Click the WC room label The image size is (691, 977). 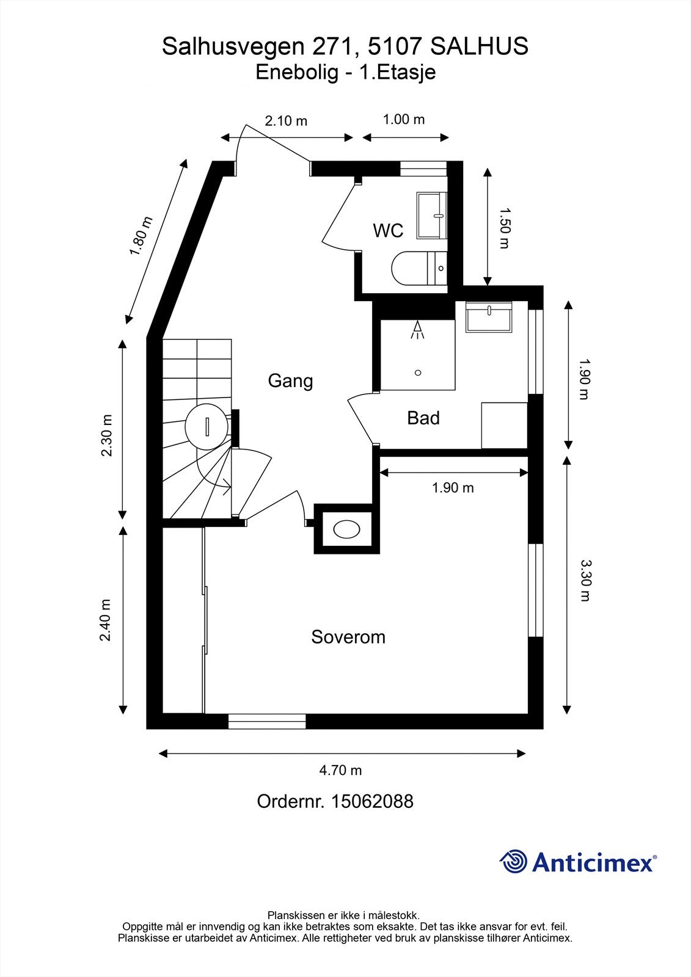(388, 231)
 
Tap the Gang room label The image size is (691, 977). (290, 381)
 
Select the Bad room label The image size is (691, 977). (423, 418)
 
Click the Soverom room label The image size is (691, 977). (348, 637)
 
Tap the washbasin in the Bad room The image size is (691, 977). (489, 318)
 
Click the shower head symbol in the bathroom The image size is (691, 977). (418, 330)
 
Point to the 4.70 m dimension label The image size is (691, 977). (340, 771)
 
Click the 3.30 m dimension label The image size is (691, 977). (585, 580)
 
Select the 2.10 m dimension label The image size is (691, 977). (286, 121)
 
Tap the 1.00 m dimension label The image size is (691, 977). (404, 119)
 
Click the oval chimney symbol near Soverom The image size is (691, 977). (346, 529)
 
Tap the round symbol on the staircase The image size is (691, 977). (207, 426)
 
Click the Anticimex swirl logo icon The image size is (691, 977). (513, 862)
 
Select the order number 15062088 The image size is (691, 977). (371, 801)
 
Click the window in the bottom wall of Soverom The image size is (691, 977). (267, 722)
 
